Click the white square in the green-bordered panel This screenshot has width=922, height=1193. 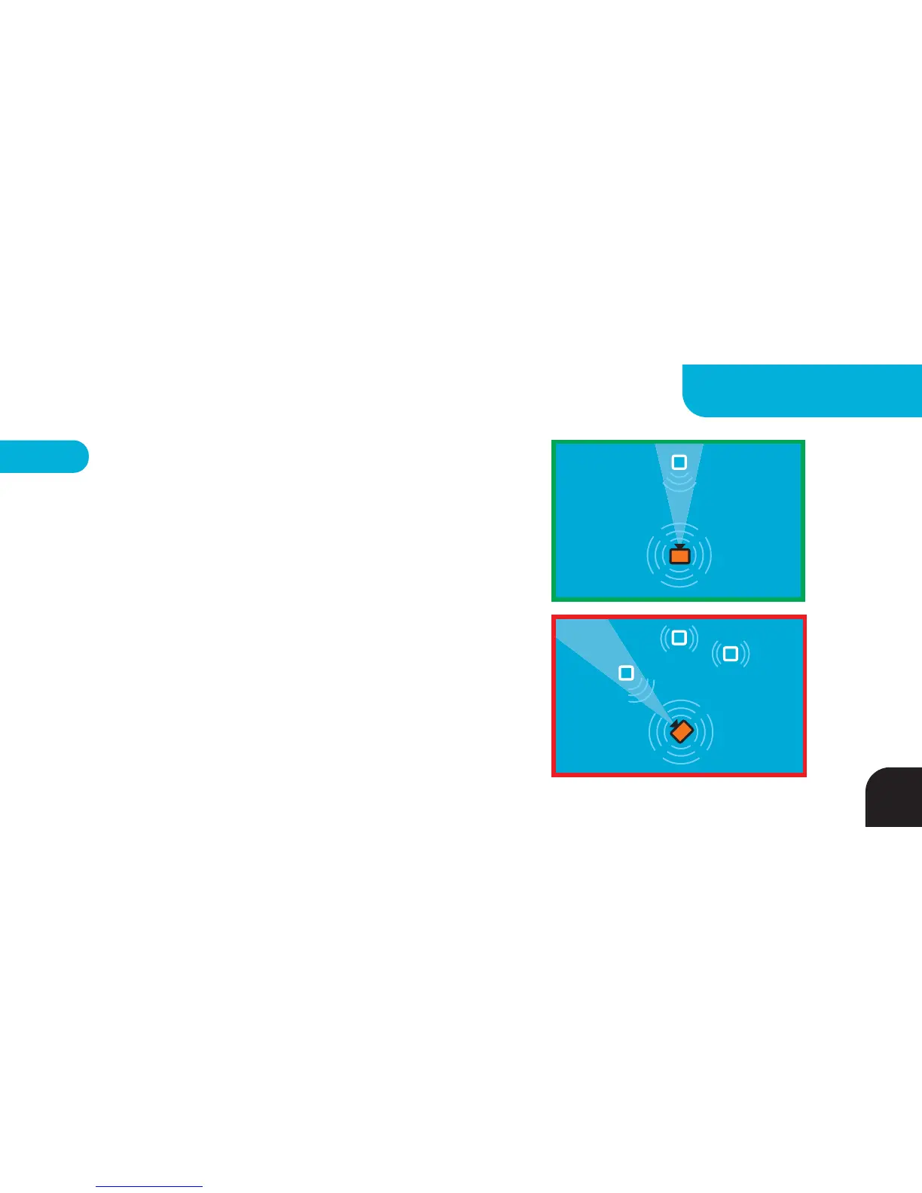pos(679,462)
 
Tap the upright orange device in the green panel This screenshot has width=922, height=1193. pos(679,557)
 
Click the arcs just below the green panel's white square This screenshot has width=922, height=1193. pos(679,483)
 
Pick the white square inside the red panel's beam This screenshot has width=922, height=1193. pos(626,673)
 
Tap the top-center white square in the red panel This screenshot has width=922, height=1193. pos(679,638)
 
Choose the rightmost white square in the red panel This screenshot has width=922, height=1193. pos(730,654)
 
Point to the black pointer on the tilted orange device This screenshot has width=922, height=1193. pos(673,722)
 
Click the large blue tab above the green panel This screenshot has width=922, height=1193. pos(802,390)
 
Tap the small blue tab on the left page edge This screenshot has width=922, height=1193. pos(43,456)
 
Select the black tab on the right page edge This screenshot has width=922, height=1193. pos(894,798)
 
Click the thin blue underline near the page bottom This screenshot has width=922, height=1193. pos(149,1186)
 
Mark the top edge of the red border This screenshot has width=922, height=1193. pos(679,618)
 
